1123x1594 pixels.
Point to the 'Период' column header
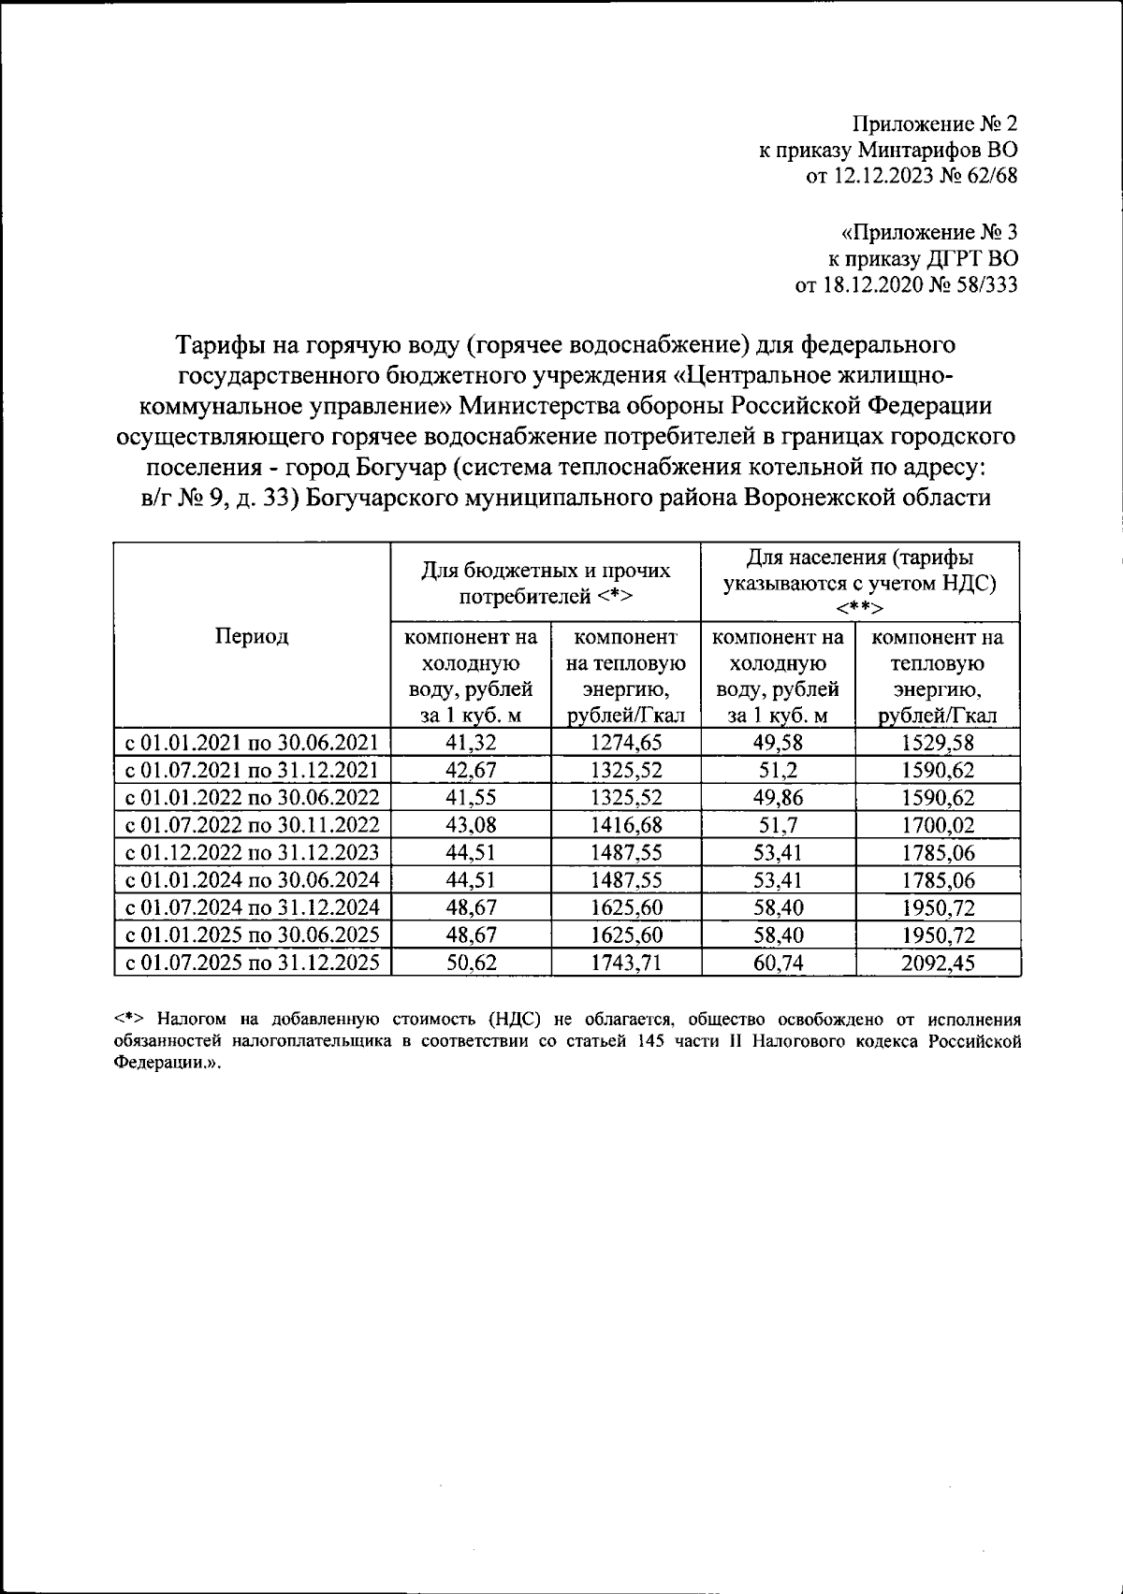(x=252, y=637)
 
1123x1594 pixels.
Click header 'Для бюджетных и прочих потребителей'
(x=546, y=582)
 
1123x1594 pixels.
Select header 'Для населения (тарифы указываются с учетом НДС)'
(x=858, y=582)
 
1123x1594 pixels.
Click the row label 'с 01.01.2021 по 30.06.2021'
(x=253, y=744)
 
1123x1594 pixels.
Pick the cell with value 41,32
(x=471, y=744)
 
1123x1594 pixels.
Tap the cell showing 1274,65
(x=626, y=744)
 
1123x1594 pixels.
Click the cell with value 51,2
(x=778, y=771)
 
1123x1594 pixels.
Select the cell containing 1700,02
(x=937, y=825)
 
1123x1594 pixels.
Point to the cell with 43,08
(x=471, y=825)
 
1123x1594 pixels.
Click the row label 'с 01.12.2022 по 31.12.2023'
(x=253, y=852)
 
